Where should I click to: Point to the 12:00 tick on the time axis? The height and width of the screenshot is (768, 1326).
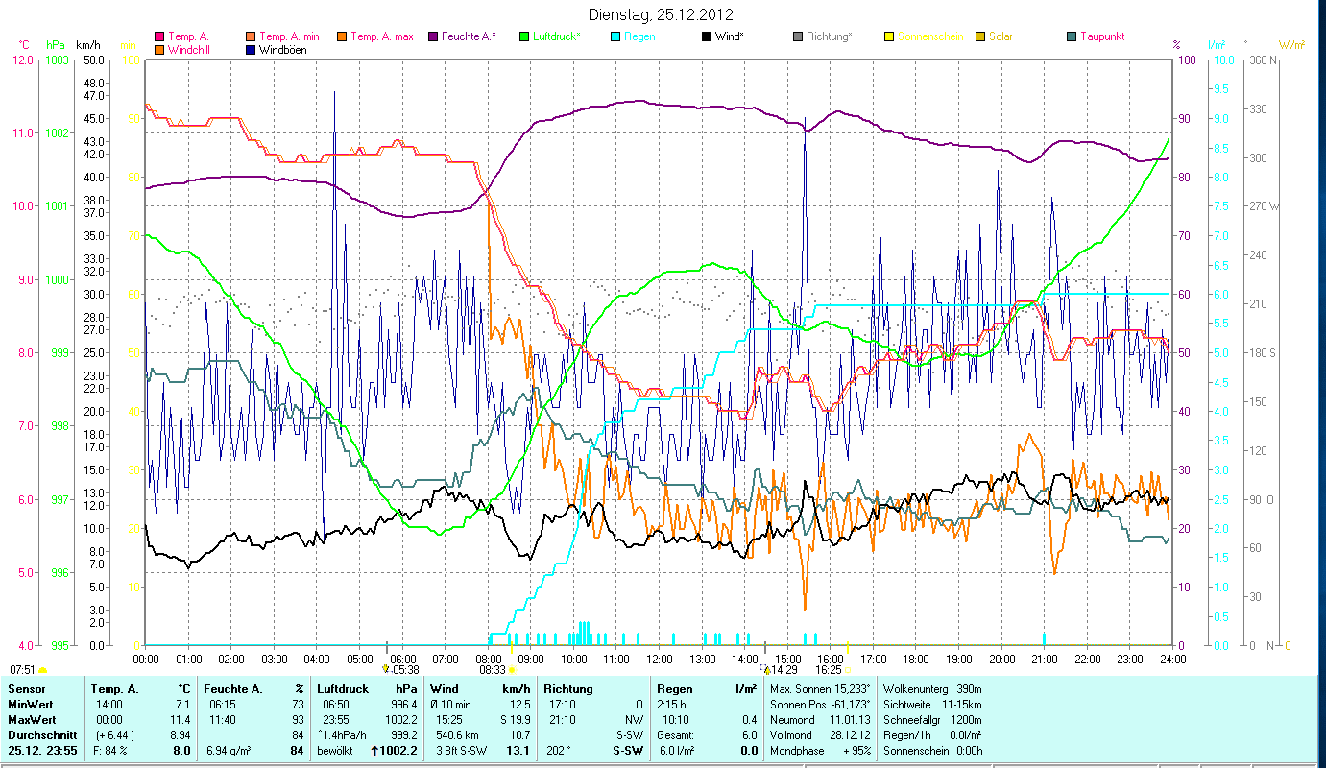pyautogui.click(x=659, y=660)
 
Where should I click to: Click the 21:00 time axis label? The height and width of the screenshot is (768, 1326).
pyautogui.click(x=1045, y=660)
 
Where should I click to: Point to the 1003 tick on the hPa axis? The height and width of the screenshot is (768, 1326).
pyautogui.click(x=58, y=60)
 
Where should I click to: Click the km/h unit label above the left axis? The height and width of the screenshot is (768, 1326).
pyautogui.click(x=88, y=44)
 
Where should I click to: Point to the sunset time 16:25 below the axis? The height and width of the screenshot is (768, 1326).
pyautogui.click(x=829, y=669)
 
